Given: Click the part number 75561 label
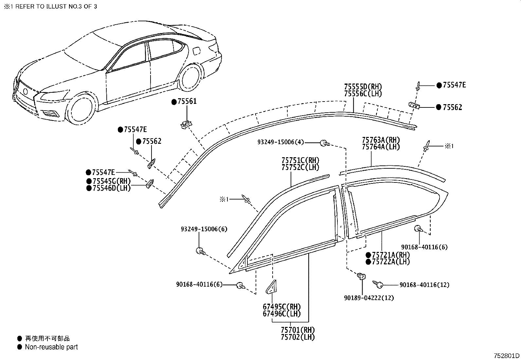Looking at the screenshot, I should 187,102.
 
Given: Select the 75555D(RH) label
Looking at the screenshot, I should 363,87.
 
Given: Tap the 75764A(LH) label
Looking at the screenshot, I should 381,147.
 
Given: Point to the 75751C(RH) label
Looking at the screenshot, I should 300,161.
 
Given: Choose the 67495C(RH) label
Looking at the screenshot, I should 281,307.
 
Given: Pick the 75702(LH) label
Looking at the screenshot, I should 297,337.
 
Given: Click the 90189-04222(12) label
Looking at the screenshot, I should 369,298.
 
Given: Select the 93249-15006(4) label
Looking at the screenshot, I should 280,142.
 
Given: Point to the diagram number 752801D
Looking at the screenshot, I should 507,356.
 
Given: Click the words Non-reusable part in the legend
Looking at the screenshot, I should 51,347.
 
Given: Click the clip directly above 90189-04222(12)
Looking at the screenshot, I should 361,276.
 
